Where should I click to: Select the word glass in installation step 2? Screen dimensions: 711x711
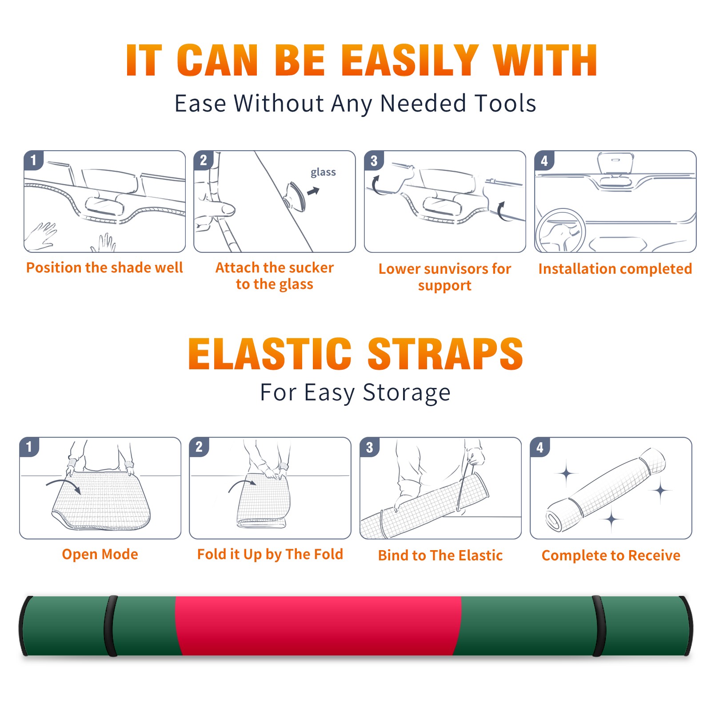323,172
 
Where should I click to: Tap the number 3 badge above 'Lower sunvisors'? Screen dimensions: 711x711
374,161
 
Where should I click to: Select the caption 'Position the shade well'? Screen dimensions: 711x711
104,268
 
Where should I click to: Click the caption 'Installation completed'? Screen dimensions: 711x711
615,269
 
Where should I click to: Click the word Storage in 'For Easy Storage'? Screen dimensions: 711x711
407,393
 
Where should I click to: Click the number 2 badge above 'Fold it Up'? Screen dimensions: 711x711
199,447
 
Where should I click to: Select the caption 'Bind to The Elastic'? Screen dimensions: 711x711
440,555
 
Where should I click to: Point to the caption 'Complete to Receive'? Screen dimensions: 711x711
611,555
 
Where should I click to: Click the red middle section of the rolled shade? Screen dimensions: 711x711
318,626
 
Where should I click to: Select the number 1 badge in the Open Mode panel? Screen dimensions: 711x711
29,447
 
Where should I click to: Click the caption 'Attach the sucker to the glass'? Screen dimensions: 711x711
275,276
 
